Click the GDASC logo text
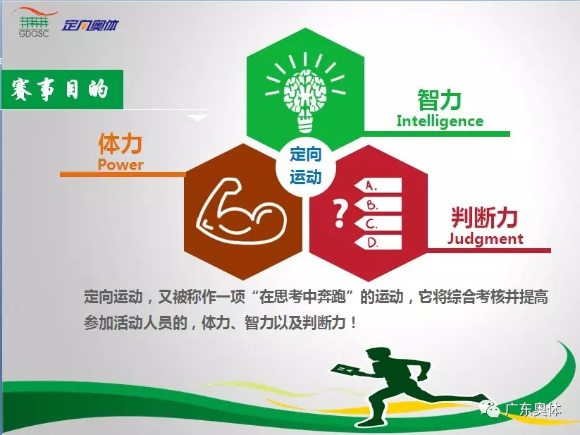coord(34,33)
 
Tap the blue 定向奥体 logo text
coord(90,25)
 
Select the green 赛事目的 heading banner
coord(62,89)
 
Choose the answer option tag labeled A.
coord(377,185)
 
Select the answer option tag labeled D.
coord(377,243)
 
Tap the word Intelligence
coord(440,121)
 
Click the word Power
coord(121,164)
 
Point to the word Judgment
coord(485,238)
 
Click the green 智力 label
coord(440,100)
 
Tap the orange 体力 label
coord(121,144)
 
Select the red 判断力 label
coord(484,217)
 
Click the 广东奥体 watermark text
coord(533,410)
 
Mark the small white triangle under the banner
coord(198,118)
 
